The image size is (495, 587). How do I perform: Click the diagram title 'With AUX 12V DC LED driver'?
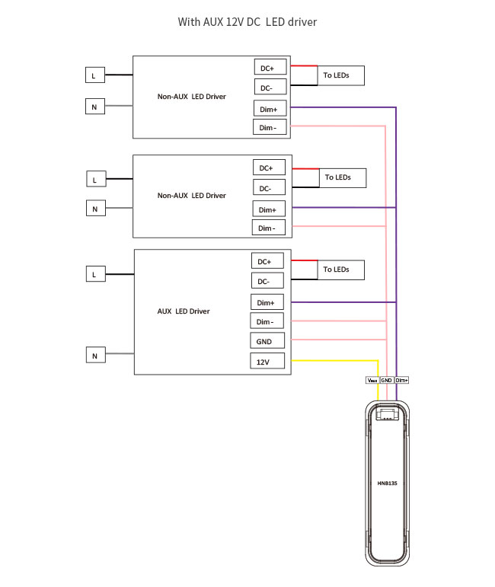pos(247,22)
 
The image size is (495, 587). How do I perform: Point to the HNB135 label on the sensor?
pos(387,483)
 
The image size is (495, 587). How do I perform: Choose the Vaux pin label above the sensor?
pos(372,379)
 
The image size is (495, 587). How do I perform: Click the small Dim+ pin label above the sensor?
pos(402,379)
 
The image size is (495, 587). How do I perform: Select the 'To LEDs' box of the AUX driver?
pos(339,269)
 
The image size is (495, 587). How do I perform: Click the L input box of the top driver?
pos(94,75)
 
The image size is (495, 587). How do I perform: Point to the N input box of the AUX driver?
pos(95,355)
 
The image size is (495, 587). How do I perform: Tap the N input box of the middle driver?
pos(95,208)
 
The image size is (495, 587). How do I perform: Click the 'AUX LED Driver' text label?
pos(184,311)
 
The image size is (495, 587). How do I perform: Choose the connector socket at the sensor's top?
pos(387,414)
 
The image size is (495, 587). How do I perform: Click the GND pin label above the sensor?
pos(386,379)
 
